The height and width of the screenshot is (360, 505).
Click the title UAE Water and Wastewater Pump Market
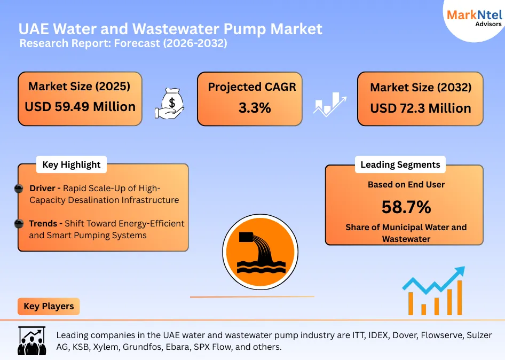(170, 28)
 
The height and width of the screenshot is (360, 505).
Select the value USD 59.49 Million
(80, 107)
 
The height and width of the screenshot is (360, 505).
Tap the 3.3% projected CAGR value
(254, 108)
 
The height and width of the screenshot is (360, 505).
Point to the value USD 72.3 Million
(421, 108)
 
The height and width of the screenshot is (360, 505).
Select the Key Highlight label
(71, 165)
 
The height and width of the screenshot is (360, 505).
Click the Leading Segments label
(400, 165)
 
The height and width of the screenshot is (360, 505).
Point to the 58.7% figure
(406, 207)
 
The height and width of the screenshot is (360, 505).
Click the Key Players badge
(49, 307)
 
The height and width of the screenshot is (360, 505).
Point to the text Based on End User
(406, 185)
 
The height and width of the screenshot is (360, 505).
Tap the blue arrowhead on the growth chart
(458, 272)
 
